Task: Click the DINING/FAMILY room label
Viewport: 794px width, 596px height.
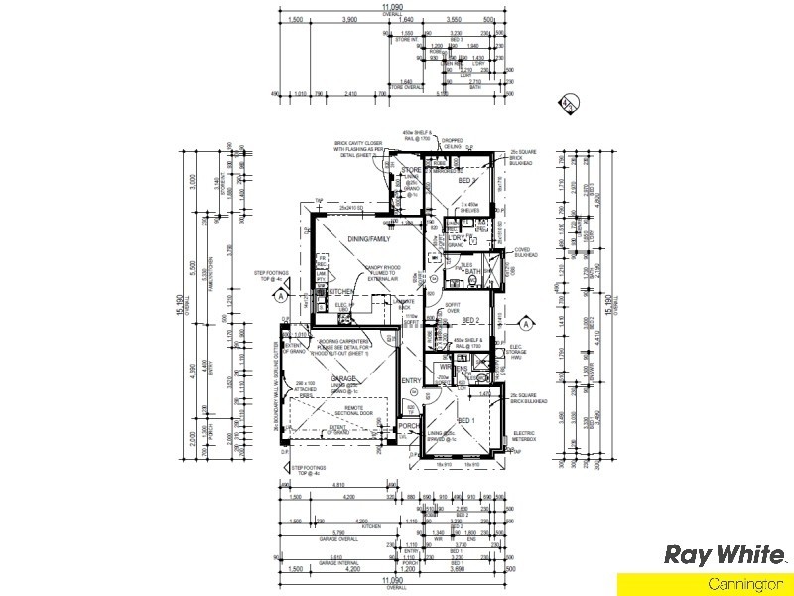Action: tap(367, 239)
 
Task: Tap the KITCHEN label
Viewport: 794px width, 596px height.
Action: tap(341, 291)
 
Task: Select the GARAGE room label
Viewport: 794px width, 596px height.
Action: tap(343, 378)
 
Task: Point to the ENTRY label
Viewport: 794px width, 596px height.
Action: tap(411, 381)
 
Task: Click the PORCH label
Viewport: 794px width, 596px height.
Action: tap(410, 427)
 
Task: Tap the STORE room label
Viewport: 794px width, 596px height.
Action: tap(412, 171)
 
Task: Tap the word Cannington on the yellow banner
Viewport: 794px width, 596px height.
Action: tap(747, 585)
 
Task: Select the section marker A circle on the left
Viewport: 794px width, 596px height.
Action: tap(281, 295)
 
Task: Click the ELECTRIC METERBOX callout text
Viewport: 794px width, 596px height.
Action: tap(527, 436)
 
